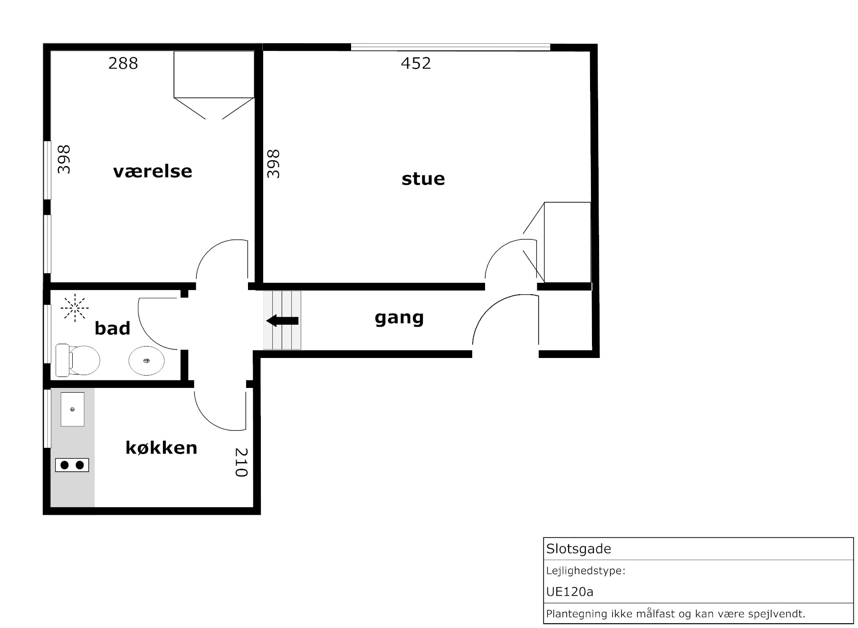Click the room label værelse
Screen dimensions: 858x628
153,171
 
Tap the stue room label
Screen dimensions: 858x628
423,179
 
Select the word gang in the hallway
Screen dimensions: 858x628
399,318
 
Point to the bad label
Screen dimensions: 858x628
113,328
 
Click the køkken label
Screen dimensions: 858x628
162,447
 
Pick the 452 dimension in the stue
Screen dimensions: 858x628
416,63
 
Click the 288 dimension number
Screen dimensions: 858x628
123,63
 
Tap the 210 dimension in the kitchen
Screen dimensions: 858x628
241,462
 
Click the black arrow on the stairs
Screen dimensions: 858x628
282,321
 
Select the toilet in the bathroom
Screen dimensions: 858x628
77,360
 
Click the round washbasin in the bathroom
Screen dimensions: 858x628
146,361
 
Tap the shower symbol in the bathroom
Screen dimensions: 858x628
75,308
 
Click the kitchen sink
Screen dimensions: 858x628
72,409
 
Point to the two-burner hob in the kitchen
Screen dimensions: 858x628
72,465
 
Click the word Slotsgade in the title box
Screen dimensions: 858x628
578,549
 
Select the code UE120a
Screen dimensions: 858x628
570,592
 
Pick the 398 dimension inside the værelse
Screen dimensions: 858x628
64,160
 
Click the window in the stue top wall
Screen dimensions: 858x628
450,47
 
